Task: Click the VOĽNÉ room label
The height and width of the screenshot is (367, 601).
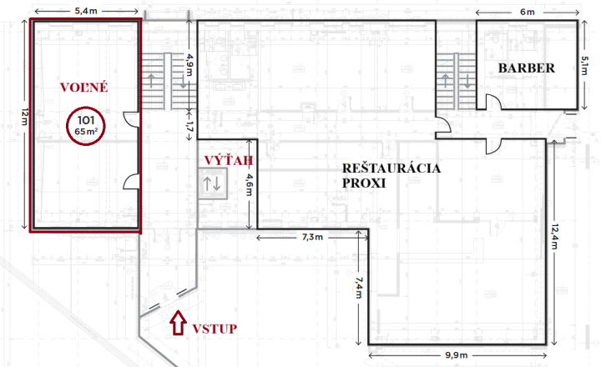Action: click(84, 88)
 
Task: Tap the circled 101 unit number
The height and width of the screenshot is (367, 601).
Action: click(86, 120)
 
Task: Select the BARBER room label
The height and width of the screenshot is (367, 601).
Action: click(526, 68)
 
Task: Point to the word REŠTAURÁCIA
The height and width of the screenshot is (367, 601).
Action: click(391, 168)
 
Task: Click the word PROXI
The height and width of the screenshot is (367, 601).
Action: click(364, 183)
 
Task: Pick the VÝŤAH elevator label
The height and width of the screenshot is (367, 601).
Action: click(229, 160)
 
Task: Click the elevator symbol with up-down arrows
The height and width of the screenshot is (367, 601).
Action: click(213, 183)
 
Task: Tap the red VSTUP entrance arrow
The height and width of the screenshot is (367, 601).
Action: click(178, 323)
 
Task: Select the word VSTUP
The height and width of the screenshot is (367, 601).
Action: click(215, 329)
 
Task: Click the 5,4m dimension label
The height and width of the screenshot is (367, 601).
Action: click(86, 11)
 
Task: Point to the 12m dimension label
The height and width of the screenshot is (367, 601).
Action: click(25, 117)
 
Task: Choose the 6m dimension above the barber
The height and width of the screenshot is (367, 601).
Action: click(528, 12)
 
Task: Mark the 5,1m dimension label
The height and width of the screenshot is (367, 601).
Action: click(584, 66)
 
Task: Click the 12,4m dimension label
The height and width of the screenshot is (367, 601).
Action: click(554, 236)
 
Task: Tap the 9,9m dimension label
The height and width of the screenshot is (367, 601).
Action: click(457, 355)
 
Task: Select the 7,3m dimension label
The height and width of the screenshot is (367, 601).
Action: click(312, 237)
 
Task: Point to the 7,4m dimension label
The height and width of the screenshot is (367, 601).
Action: click(359, 288)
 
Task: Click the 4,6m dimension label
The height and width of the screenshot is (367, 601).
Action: click(249, 184)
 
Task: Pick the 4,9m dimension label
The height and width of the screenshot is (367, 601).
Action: click(189, 64)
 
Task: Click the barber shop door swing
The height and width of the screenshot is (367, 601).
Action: click(493, 102)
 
